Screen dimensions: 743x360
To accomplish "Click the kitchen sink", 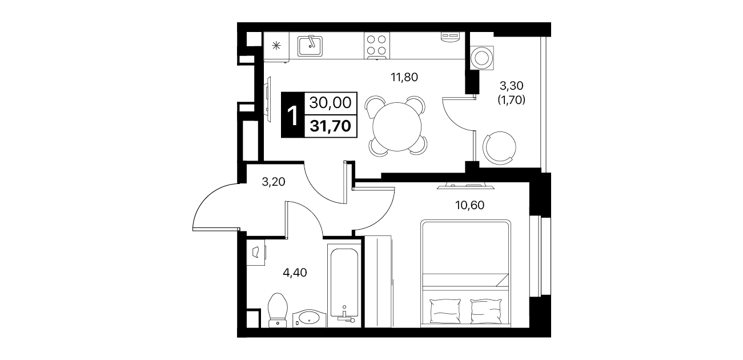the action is pyautogui.click(x=310, y=46).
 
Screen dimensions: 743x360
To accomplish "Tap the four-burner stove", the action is pyautogui.click(x=376, y=46).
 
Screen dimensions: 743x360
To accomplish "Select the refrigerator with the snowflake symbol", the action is pyautogui.click(x=276, y=46).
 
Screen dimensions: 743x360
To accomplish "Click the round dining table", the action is pyautogui.click(x=397, y=127).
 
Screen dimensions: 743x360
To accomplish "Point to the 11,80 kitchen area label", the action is pyautogui.click(x=404, y=77).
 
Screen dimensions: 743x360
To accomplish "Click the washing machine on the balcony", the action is pyautogui.click(x=482, y=58).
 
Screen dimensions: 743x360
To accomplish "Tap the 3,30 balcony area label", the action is pyautogui.click(x=512, y=86).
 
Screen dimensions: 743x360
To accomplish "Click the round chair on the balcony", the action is pyautogui.click(x=500, y=148).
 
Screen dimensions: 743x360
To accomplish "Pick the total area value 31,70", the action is pyautogui.click(x=330, y=126).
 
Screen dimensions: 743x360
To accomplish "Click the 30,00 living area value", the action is pyautogui.click(x=330, y=103).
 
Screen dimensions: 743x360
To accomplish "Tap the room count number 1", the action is pyautogui.click(x=292, y=115).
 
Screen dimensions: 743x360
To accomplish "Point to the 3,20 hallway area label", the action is pyautogui.click(x=274, y=182).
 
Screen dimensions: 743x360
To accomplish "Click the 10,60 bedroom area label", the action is pyautogui.click(x=469, y=205).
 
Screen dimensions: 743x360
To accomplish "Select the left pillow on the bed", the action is pyautogui.click(x=445, y=311).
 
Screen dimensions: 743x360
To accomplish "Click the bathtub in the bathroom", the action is pyautogui.click(x=344, y=286).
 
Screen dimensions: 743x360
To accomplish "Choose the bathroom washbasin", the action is pyautogui.click(x=309, y=319).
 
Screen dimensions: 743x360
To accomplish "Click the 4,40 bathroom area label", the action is pyautogui.click(x=295, y=273).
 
